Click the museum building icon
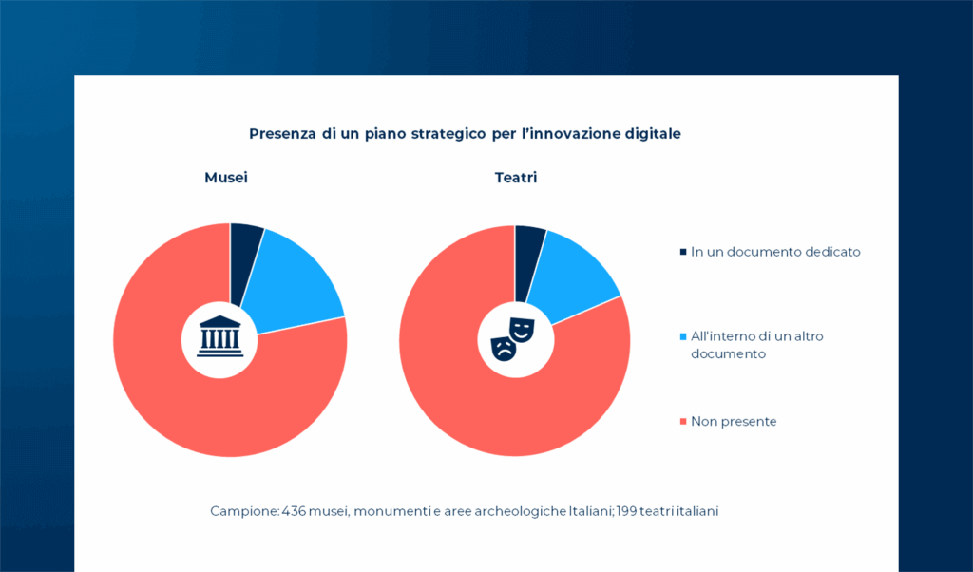pos(220,336)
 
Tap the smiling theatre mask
pos(522,330)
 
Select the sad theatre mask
pos(504,349)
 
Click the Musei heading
pos(226,178)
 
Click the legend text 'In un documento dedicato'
pos(775,252)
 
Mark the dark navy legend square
pos(682,252)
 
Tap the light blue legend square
pos(682,336)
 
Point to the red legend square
pos(682,421)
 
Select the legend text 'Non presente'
pos(734,421)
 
